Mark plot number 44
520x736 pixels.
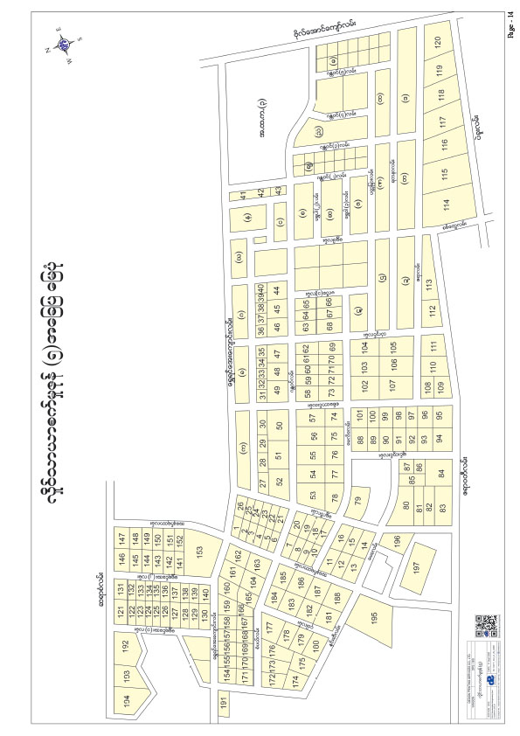tap(276, 290)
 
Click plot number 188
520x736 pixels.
tap(337, 597)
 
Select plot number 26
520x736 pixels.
tap(240, 504)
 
